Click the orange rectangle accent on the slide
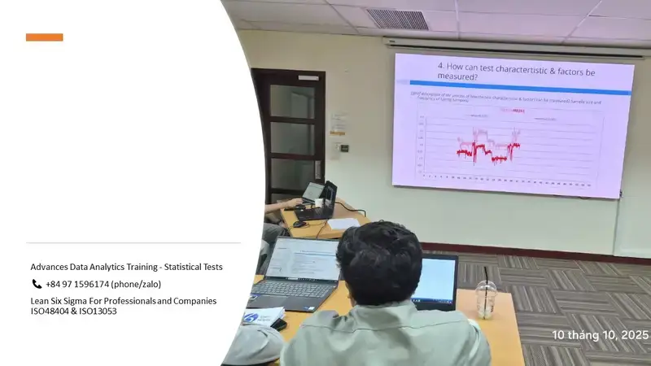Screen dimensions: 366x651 (x=44, y=37)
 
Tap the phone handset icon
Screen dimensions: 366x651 (x=37, y=284)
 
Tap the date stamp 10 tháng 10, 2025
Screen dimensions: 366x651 (x=600, y=335)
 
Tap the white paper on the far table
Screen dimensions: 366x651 (x=343, y=224)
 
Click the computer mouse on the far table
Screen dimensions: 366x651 (x=300, y=223)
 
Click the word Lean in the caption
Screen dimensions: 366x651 (x=40, y=301)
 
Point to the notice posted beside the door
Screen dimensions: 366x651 (x=338, y=122)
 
